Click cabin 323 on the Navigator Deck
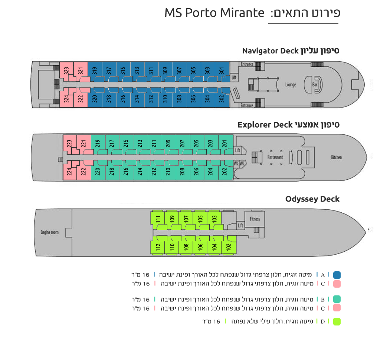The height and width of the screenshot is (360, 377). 66,72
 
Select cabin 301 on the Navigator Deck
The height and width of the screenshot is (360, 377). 222,72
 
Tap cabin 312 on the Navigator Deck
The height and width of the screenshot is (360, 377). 151,97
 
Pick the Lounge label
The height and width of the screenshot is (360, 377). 291,85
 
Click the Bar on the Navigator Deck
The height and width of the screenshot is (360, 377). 315,84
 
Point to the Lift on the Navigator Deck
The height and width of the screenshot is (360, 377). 234,78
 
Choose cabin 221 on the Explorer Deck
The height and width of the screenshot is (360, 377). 84,144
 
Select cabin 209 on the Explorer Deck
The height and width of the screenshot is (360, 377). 169,144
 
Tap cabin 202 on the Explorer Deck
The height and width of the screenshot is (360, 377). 226,170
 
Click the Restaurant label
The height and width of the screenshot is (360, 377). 275,157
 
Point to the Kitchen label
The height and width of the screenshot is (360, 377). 336,157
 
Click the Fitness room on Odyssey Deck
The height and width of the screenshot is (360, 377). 255,219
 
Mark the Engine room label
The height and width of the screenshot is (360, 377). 49,232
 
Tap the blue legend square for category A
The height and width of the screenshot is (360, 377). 337,275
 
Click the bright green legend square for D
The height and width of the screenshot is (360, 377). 337,321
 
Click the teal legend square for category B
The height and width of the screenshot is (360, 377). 337,299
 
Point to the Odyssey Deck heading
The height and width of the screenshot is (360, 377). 312,199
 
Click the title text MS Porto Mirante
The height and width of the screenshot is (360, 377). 214,13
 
